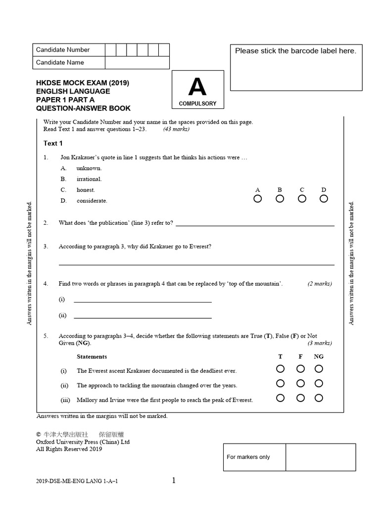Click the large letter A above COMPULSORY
click(x=197, y=88)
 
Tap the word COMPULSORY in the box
click(x=197, y=104)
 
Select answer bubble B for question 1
click(x=280, y=199)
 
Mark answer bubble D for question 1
click(x=324, y=199)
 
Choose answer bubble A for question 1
click(x=258, y=199)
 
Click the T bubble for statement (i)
click(x=281, y=369)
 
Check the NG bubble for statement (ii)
click(x=319, y=383)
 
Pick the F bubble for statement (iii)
click(x=300, y=398)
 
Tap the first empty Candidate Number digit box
click(x=110, y=50)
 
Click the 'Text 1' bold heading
click(x=53, y=144)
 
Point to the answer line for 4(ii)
click(x=142, y=317)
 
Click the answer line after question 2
click(x=255, y=225)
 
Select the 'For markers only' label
click(x=248, y=457)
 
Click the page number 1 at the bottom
click(x=174, y=480)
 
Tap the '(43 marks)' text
click(x=176, y=129)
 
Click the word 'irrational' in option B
click(x=89, y=179)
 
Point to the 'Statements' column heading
click(x=92, y=356)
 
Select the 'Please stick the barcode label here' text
click(x=295, y=51)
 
